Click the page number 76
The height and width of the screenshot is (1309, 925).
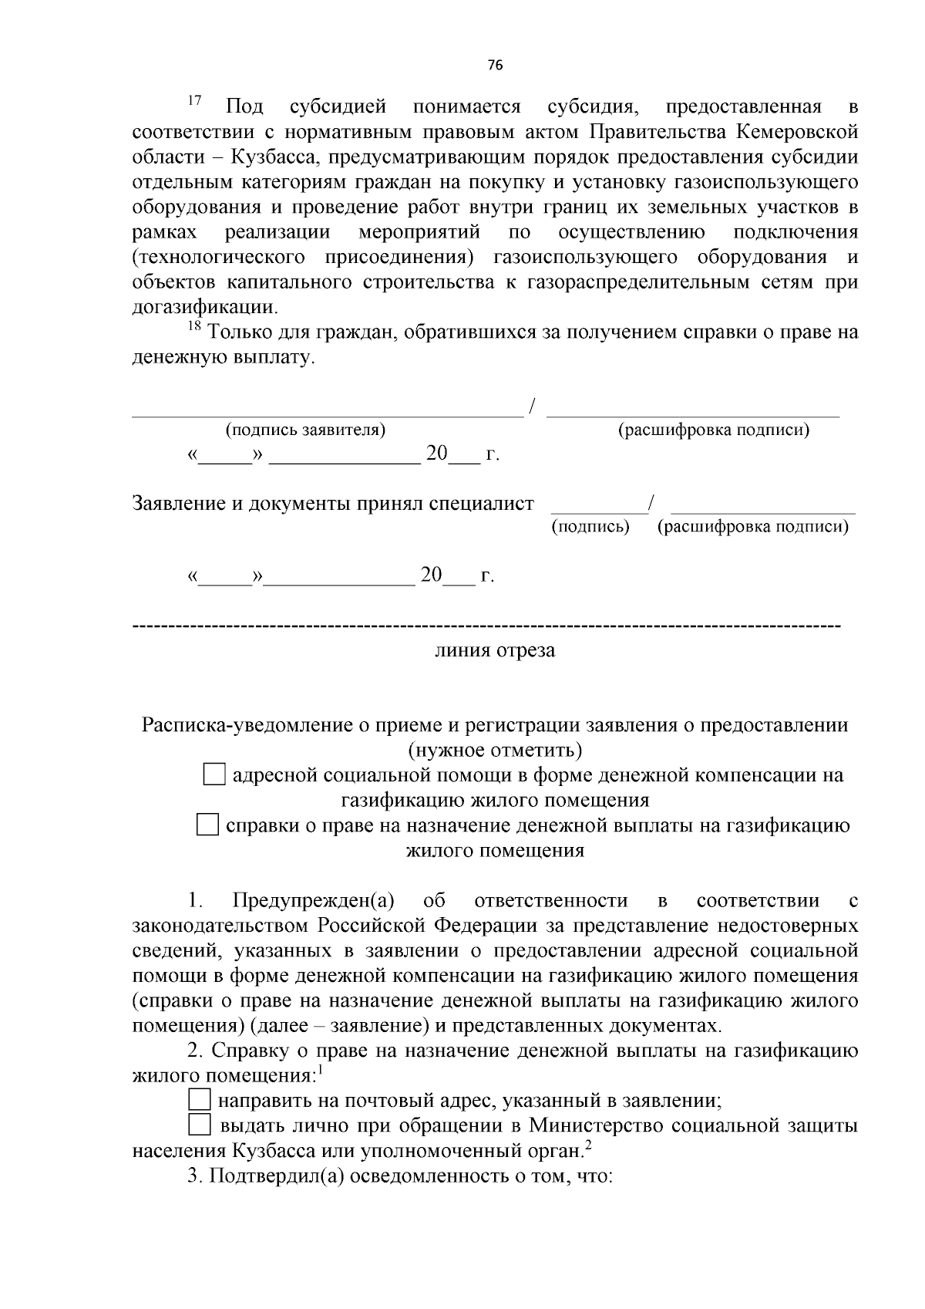click(x=495, y=66)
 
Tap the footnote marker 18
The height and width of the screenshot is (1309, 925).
click(x=194, y=327)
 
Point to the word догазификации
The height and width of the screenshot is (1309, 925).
click(x=204, y=307)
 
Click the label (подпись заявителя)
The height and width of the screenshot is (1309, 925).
click(x=305, y=430)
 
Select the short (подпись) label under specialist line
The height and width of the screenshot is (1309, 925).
click(x=590, y=527)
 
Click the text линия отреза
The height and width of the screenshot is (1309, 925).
click(x=495, y=650)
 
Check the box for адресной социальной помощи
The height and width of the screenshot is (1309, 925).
click(x=214, y=774)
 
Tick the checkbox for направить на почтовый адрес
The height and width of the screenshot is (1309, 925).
click(x=200, y=1100)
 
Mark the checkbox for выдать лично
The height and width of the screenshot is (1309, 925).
click(x=200, y=1125)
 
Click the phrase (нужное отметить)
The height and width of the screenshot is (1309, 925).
click(x=495, y=750)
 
